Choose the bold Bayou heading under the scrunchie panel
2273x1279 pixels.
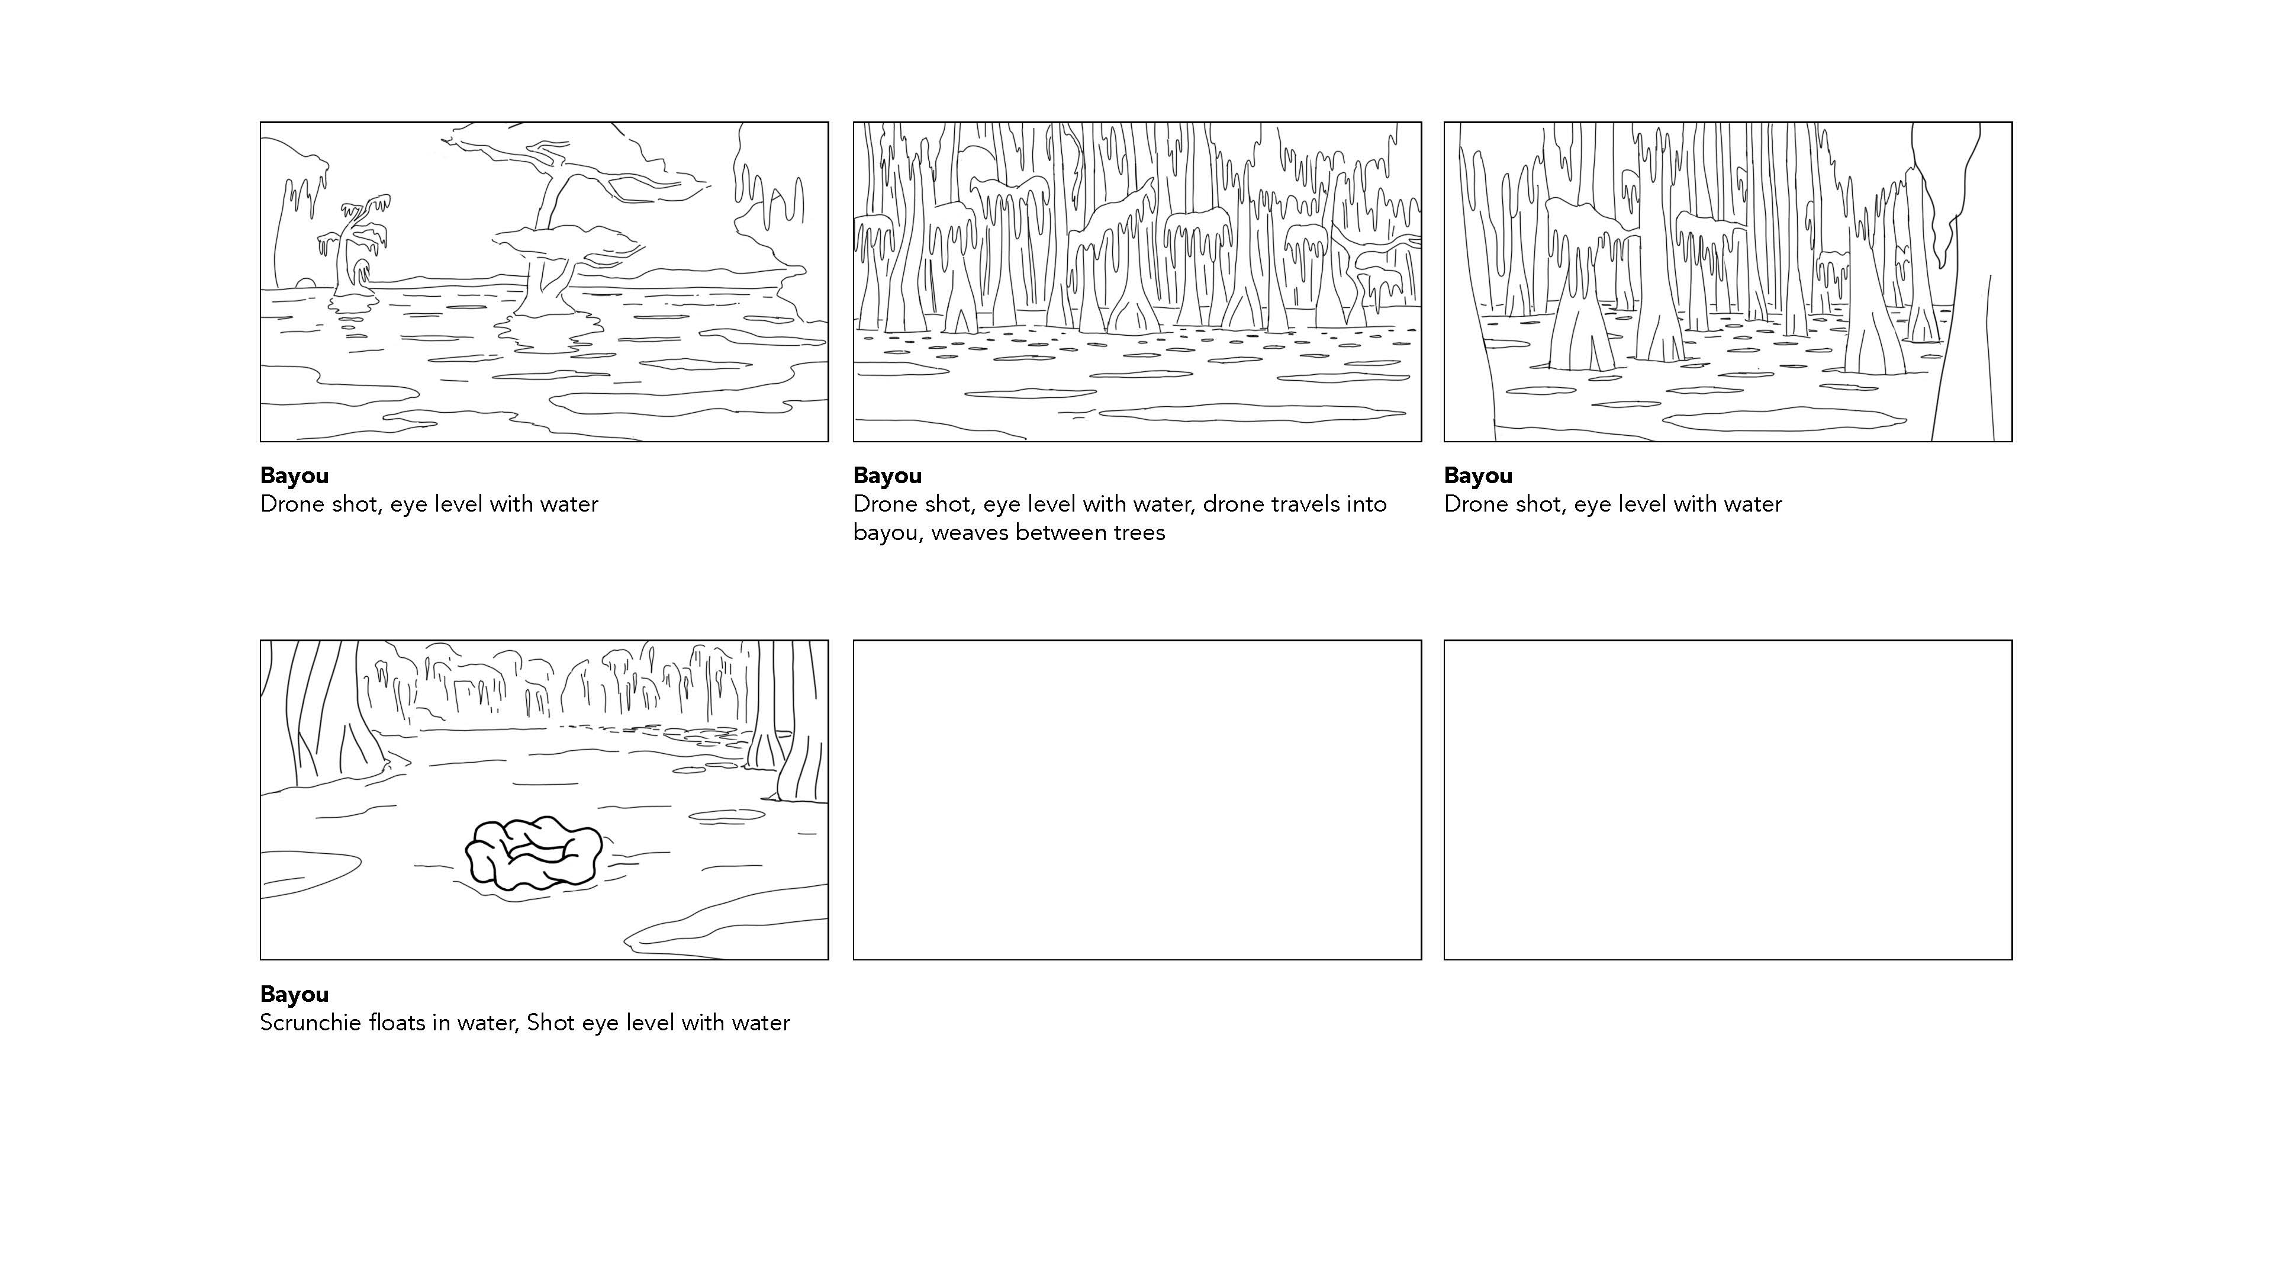[x=295, y=995]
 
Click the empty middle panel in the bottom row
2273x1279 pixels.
[x=1137, y=800]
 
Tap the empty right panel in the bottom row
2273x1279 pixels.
[x=1728, y=800]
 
